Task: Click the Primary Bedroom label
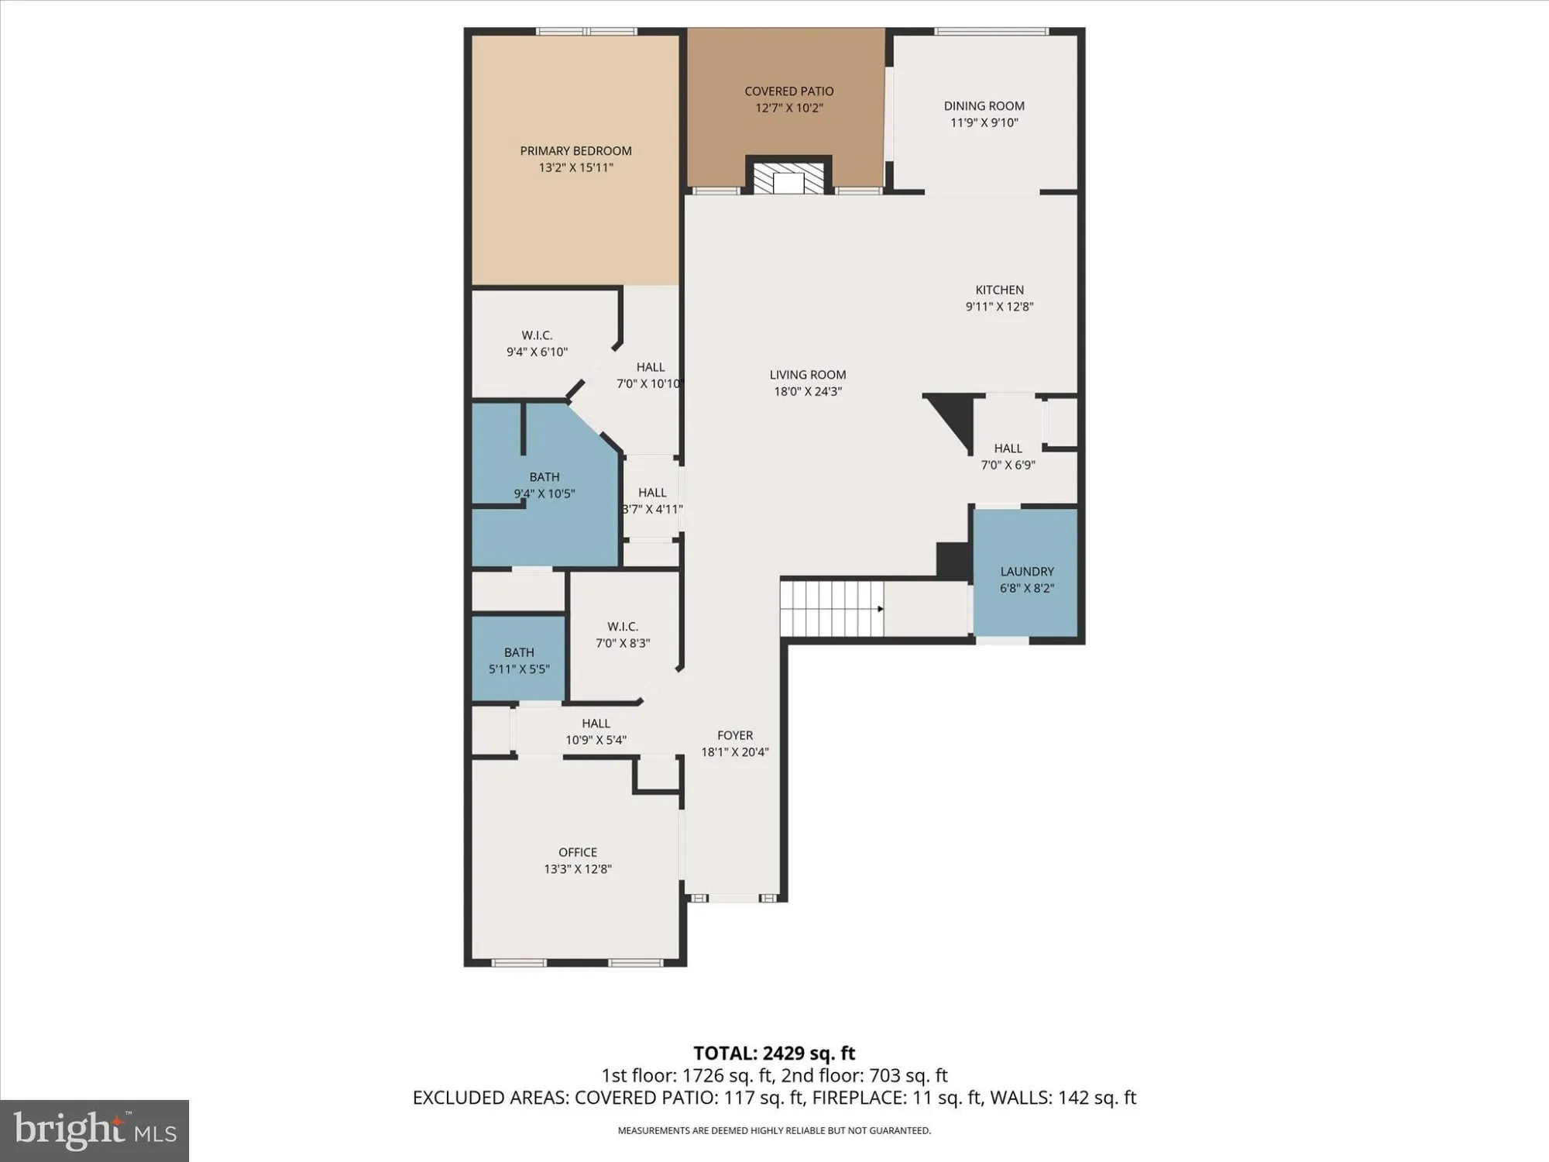575,151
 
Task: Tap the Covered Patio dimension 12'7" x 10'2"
788,108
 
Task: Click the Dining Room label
984,106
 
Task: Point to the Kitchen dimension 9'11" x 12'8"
999,307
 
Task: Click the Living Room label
807,375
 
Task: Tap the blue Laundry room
1025,573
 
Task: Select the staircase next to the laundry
832,609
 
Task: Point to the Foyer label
734,735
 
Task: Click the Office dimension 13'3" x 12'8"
578,869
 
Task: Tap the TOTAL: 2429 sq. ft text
774,1054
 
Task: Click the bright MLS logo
94,1130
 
